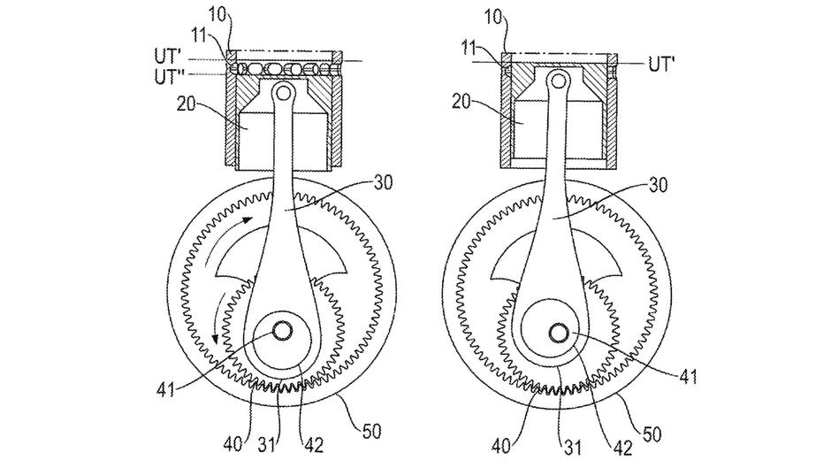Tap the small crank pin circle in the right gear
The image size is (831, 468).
click(x=559, y=332)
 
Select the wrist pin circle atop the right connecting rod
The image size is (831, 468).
click(x=559, y=81)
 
